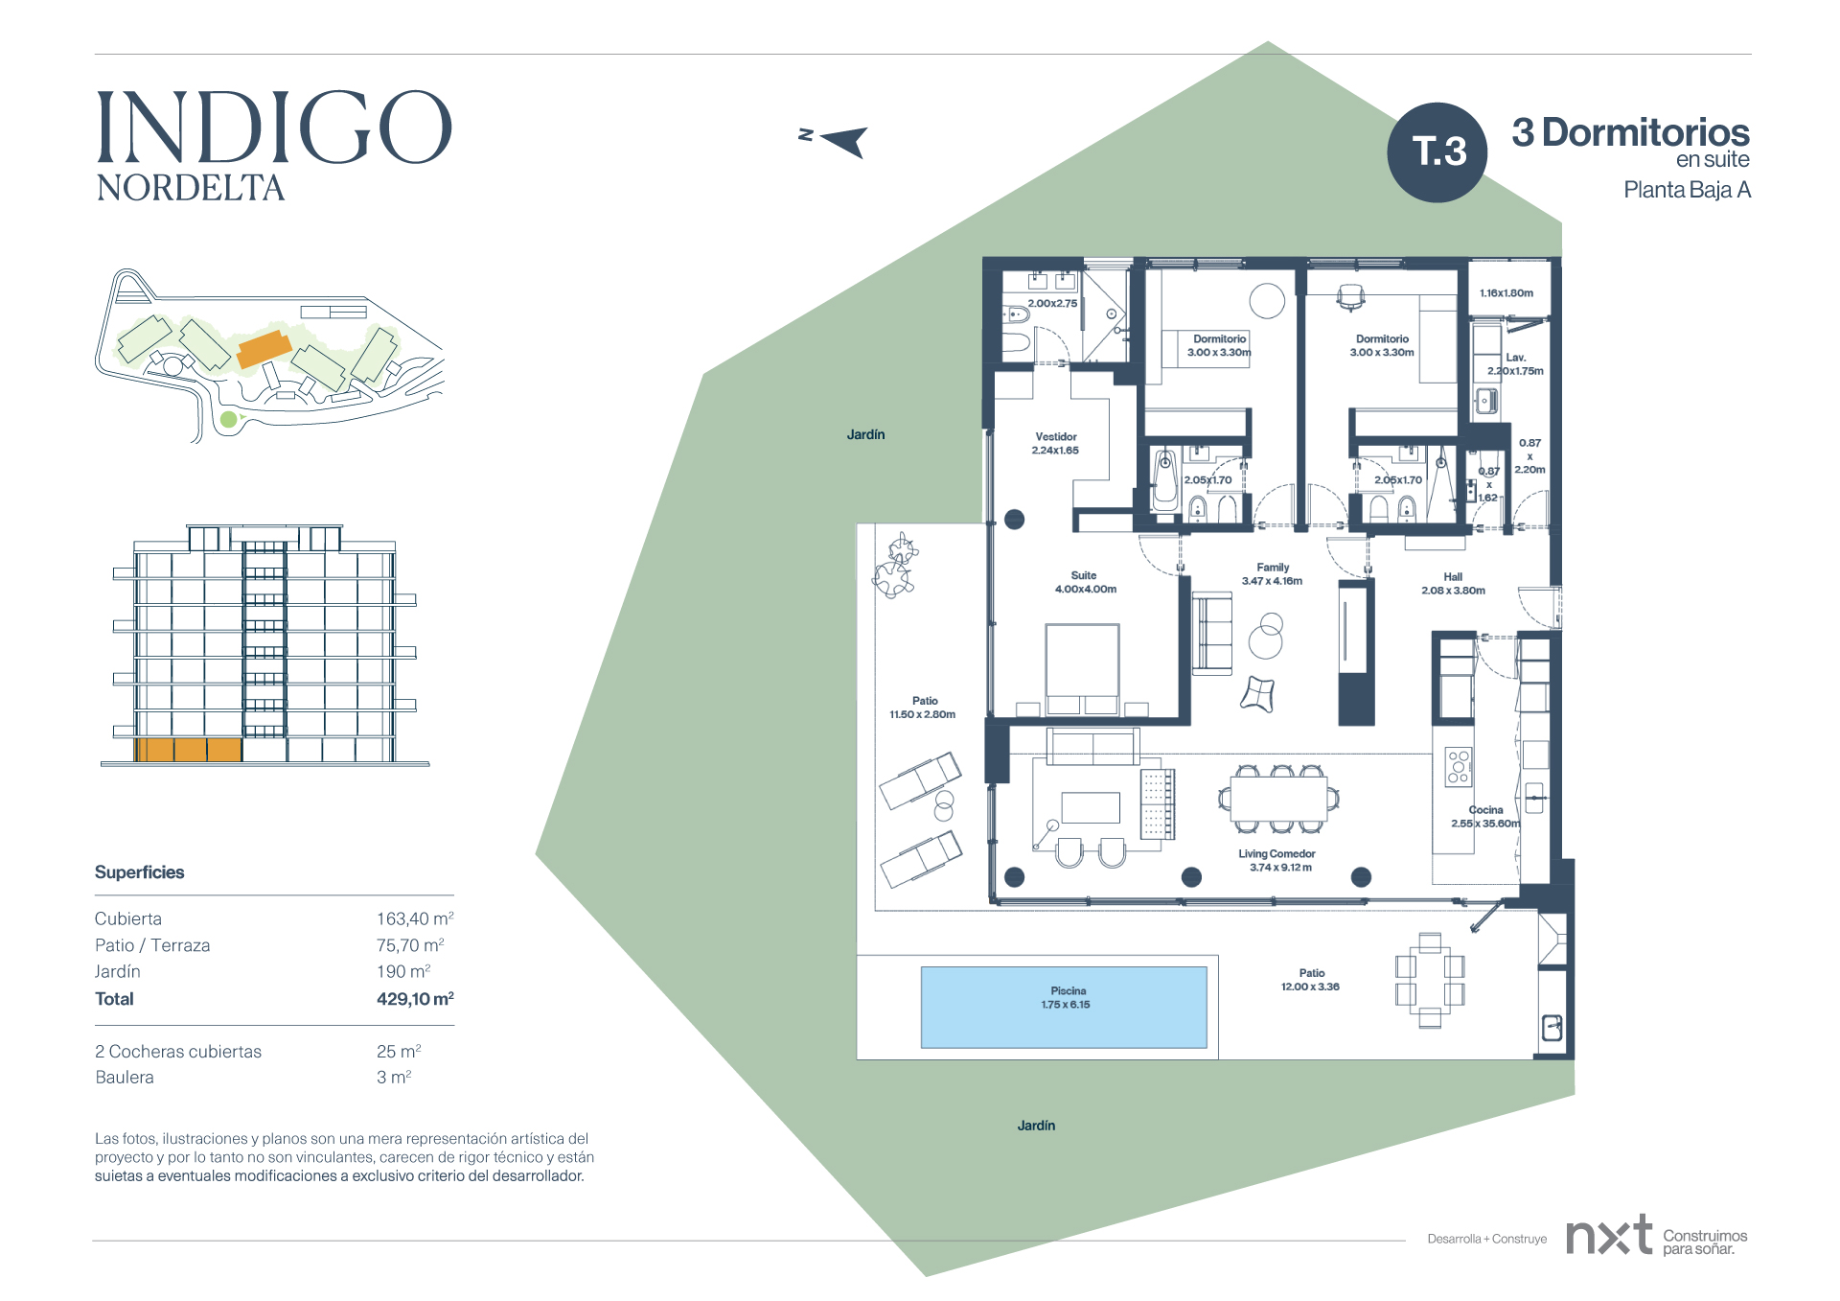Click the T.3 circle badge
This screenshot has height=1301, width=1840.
[x=1437, y=152]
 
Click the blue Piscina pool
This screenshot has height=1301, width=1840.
[x=1064, y=1007]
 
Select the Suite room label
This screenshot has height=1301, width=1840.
[x=1085, y=575]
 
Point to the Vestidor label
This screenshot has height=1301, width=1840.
[x=1055, y=436]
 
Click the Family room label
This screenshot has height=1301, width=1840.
[x=1273, y=568]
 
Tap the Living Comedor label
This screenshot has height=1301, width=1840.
[x=1276, y=853]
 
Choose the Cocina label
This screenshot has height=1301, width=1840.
[x=1485, y=810]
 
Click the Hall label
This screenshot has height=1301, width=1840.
[x=1453, y=577]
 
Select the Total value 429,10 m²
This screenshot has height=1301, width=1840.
[x=415, y=998]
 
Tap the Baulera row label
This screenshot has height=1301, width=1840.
[x=125, y=1077]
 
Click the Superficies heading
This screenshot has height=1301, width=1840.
[x=139, y=871]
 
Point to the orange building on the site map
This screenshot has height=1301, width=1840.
[x=264, y=349]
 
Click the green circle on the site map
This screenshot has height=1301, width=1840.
[x=228, y=419]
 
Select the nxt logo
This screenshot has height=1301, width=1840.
[x=1609, y=1235]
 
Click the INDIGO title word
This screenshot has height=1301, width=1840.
[x=274, y=128]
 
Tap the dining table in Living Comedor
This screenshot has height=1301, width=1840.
[x=1278, y=799]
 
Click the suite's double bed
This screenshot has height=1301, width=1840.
[x=1082, y=668]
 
